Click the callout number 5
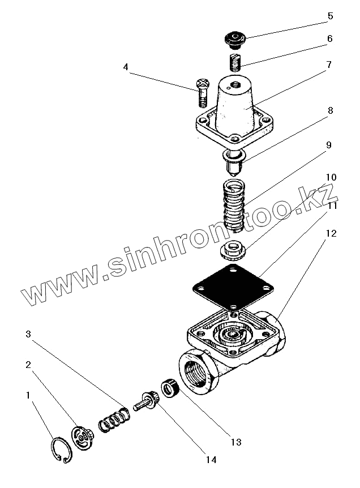pos(330,16)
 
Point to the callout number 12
pos(330,233)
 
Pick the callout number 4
pos(126,67)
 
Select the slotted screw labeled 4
pos(203,93)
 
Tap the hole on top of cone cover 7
pos(235,87)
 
